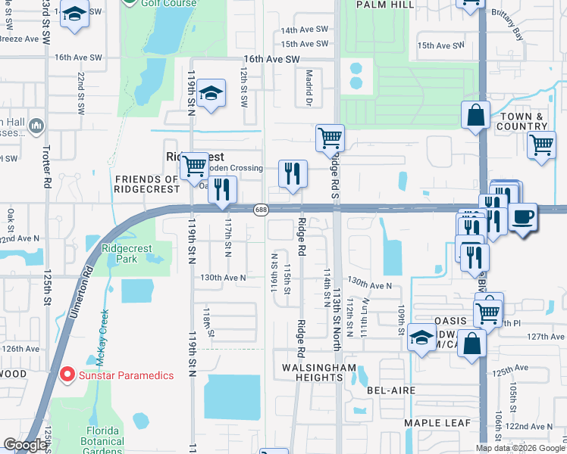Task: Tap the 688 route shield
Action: (x=261, y=210)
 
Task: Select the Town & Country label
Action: (x=522, y=120)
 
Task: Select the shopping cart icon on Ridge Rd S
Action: (x=330, y=138)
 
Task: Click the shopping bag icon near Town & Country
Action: (x=475, y=116)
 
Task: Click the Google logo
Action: (x=25, y=446)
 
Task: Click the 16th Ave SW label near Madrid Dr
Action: (x=271, y=59)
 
